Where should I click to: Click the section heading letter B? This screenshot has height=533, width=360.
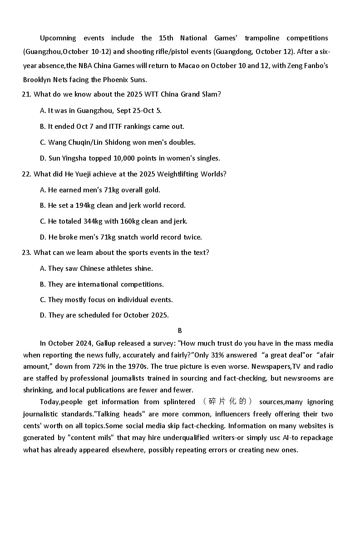pos(180,331)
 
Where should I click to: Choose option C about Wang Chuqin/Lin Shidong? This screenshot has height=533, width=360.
pos(118,142)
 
